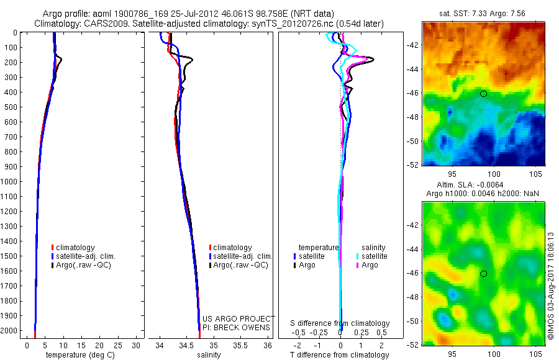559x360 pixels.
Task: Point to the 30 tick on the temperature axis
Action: [136, 344]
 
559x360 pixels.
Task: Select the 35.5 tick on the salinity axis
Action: [240, 344]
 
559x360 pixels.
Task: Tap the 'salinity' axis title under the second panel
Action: [209, 355]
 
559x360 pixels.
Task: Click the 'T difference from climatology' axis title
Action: [340, 355]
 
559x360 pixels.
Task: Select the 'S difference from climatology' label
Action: [340, 323]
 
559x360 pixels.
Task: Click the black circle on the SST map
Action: [483, 93]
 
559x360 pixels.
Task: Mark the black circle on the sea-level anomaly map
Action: [483, 274]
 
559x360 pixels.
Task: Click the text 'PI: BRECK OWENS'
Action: [237, 327]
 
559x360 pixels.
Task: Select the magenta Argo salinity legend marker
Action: [358, 265]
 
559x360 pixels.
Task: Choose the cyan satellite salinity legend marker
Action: [358, 256]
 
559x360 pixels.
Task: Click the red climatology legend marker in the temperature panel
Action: [53, 248]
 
